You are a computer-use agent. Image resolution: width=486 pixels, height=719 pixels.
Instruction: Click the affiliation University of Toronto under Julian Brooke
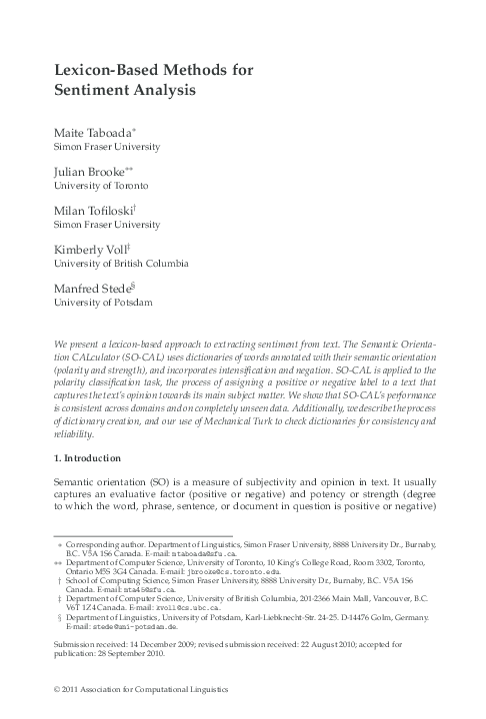100,186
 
